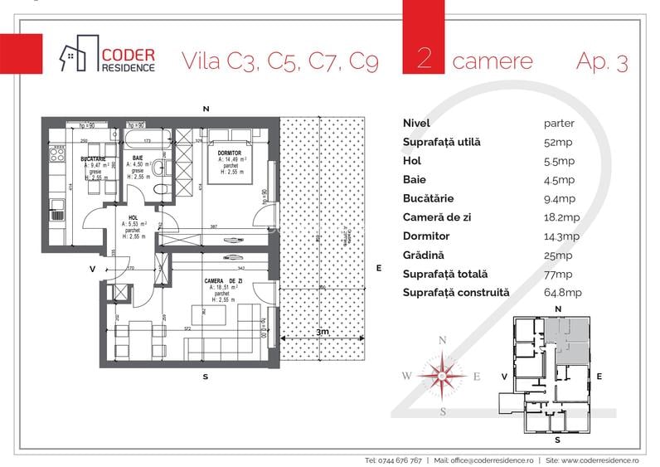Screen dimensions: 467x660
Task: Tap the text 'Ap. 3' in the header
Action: point(601,61)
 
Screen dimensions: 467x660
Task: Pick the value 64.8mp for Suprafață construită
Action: point(560,293)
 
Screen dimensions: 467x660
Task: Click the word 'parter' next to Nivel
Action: point(559,123)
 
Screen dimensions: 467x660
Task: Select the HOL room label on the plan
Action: point(133,217)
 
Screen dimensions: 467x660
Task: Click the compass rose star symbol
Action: point(442,375)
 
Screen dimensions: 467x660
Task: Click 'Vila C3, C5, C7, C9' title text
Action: point(279,61)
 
